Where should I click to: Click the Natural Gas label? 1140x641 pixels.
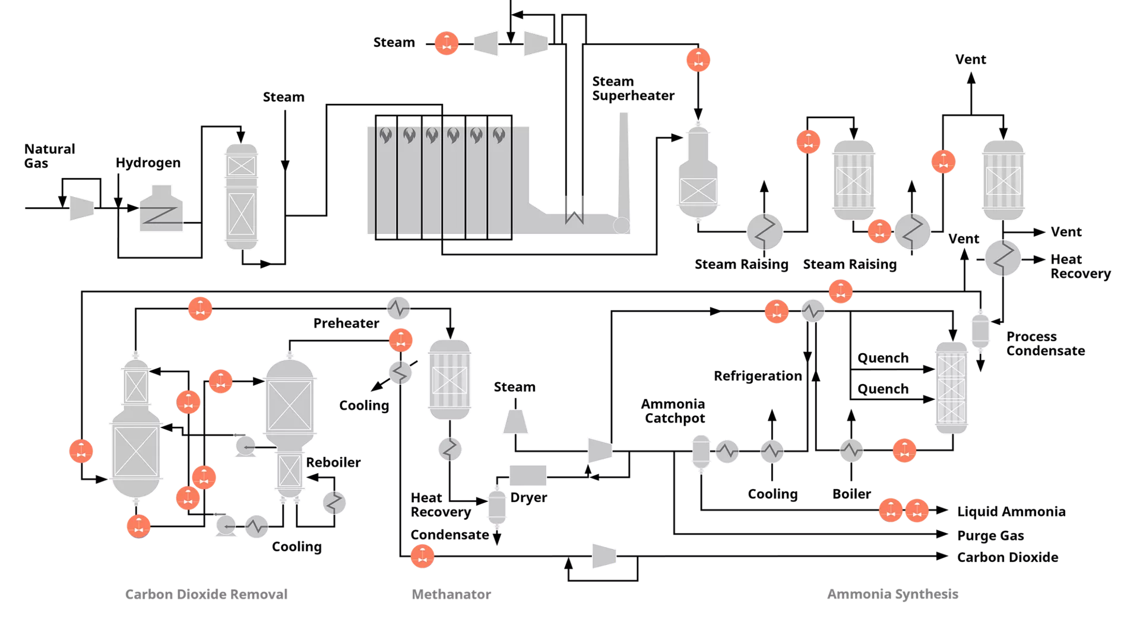pos(49,156)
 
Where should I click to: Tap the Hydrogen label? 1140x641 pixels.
pos(148,163)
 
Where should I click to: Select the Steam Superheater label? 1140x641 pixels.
pos(633,88)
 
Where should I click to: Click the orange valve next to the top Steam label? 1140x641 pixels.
pos(446,43)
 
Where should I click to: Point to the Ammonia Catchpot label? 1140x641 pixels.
pos(673,411)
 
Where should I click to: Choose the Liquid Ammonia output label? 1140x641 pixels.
pos(1011,512)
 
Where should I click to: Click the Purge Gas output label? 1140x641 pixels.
pos(990,535)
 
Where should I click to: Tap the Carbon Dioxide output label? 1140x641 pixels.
pos(1008,557)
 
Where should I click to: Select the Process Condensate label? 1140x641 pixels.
pos(1046,344)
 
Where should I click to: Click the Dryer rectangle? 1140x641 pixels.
pos(528,475)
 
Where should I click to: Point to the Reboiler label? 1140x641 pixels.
pos(333,462)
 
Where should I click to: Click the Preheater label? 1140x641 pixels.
pos(346,323)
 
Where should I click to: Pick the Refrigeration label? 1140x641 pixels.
pos(758,376)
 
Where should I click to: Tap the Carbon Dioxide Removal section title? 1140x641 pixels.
pos(206,594)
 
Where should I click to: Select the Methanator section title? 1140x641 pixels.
pos(451,594)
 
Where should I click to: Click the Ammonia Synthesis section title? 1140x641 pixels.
pos(892,594)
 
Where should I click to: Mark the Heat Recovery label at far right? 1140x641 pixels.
pos(1081,266)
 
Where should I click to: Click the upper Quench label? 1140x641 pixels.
pos(883,358)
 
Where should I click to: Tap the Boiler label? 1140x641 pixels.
pos(851,494)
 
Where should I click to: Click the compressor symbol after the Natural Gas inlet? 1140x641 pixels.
pos(82,208)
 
